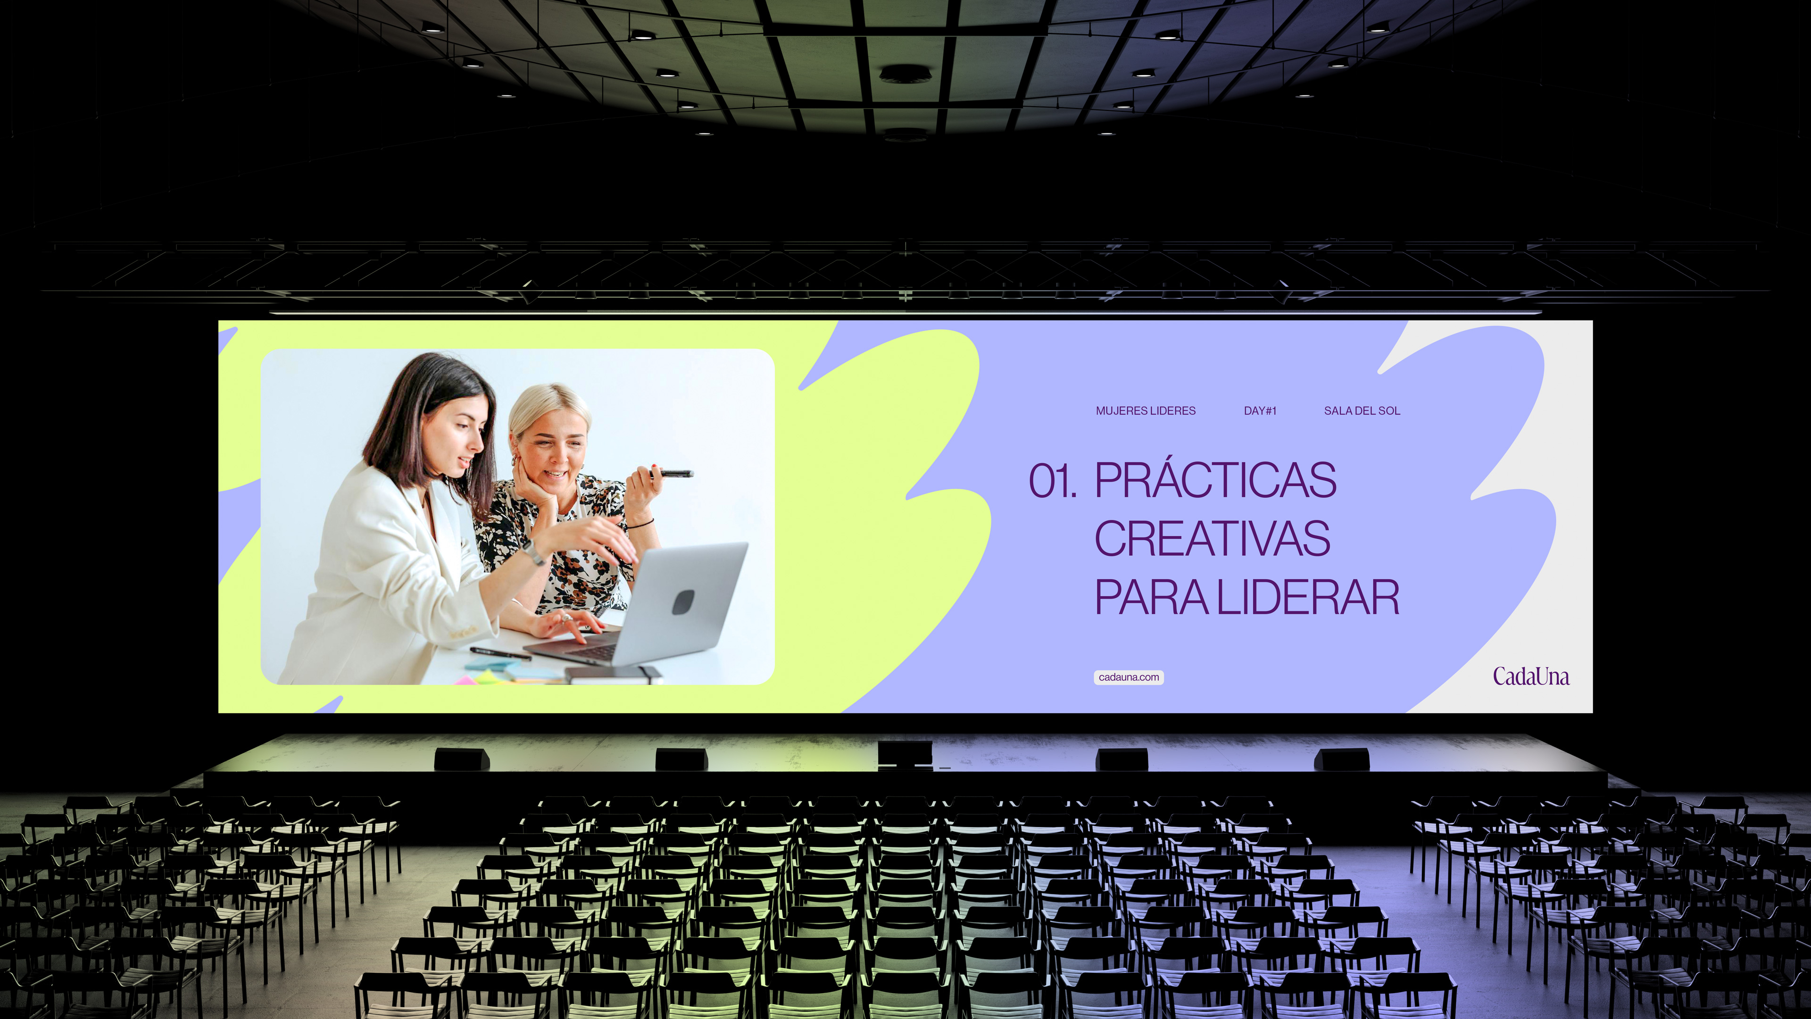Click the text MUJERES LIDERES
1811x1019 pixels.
pyautogui.click(x=1145, y=411)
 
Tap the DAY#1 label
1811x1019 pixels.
pyautogui.click(x=1260, y=411)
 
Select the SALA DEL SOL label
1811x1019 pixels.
pyautogui.click(x=1362, y=411)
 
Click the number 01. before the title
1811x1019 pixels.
pyautogui.click(x=1053, y=482)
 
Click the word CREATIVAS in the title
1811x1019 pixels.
pyautogui.click(x=1212, y=539)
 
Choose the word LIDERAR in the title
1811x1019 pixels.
pyautogui.click(x=1308, y=599)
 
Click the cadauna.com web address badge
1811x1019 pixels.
pyautogui.click(x=1129, y=677)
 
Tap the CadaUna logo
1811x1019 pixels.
pyautogui.click(x=1530, y=677)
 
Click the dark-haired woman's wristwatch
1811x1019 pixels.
pyautogui.click(x=534, y=553)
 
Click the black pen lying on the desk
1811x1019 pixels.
pyautogui.click(x=500, y=653)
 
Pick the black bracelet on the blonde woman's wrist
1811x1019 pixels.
pyautogui.click(x=640, y=524)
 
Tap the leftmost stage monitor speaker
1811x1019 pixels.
pyautogui.click(x=462, y=759)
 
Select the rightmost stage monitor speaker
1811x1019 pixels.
pyautogui.click(x=1341, y=759)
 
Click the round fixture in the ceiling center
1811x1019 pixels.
pyautogui.click(x=905, y=73)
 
